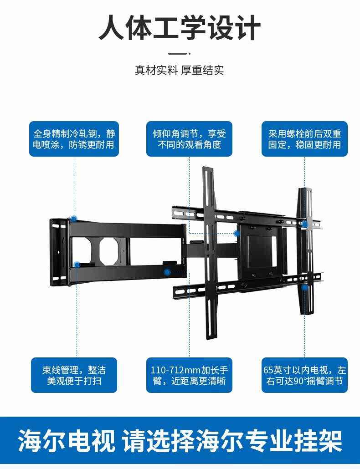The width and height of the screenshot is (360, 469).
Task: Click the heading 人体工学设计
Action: tap(180, 29)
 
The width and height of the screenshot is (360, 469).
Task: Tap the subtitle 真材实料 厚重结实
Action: tap(180, 71)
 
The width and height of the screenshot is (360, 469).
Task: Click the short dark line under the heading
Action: tap(180, 53)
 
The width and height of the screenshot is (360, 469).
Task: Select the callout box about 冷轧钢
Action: tap(74, 139)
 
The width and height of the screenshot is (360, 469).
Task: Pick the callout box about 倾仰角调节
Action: tap(189, 139)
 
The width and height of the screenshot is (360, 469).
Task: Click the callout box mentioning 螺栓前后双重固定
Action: tap(304, 139)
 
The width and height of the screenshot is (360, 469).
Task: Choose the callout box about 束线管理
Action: tap(74, 375)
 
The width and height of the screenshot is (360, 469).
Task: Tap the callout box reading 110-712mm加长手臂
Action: tap(189, 375)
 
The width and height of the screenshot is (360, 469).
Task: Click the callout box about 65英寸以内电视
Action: tap(304, 375)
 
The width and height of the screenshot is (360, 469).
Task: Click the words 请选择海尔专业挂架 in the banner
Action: tap(232, 441)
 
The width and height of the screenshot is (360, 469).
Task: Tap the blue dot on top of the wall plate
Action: tap(74, 219)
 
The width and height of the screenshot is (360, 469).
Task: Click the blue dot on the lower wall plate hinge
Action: tap(77, 265)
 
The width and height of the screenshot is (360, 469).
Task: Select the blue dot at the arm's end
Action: tap(167, 272)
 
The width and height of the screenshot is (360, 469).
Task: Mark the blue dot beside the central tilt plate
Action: tap(237, 234)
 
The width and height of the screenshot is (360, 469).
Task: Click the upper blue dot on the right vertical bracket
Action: tap(304, 224)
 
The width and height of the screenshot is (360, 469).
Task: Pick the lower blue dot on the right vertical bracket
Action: tap(304, 287)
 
